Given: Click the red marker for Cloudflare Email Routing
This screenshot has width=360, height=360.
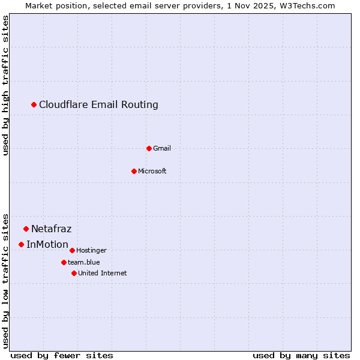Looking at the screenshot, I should coord(34,105).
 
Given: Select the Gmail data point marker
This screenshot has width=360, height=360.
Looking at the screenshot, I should coord(149,148).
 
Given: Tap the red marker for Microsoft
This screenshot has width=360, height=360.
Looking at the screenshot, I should coord(134,171).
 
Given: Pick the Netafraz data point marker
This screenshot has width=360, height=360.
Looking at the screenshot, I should coord(26,229).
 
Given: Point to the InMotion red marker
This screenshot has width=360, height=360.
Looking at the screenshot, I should coord(22,244).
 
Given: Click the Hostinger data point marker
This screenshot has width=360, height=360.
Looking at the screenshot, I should coord(72,250).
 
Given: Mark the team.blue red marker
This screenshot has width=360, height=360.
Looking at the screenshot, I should coord(64,262).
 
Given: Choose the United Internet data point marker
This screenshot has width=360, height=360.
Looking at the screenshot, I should coord(74,273).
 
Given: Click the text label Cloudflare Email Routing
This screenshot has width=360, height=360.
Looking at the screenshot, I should coord(98,105).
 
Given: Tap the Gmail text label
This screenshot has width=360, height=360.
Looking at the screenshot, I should coord(162,148).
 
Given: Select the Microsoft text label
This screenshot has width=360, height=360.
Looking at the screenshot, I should coord(152,171).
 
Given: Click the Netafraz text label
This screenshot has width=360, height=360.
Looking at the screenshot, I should coord(52,229).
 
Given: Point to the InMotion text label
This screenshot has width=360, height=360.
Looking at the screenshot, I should coord(47,244).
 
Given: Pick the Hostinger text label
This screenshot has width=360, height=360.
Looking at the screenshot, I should coord(91,250).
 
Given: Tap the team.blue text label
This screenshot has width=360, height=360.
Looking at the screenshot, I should coord(84,262).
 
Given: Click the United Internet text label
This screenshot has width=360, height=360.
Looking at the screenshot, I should coord(103,273).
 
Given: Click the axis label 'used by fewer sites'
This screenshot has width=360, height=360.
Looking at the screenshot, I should coord(62,355).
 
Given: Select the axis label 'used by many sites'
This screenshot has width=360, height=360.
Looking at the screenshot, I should coord(301,355).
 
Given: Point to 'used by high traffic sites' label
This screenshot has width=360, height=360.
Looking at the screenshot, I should coord(6,85).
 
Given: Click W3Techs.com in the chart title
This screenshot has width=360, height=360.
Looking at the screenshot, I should coord(308,5).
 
